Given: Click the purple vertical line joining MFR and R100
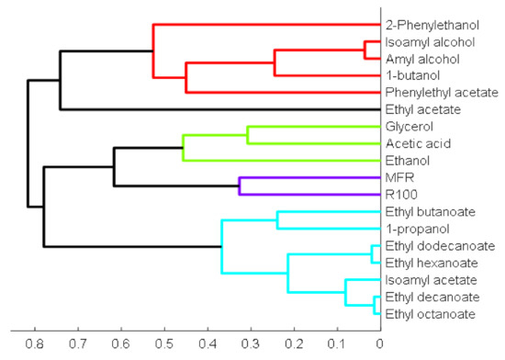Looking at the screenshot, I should pyautogui.click(x=240, y=186).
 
